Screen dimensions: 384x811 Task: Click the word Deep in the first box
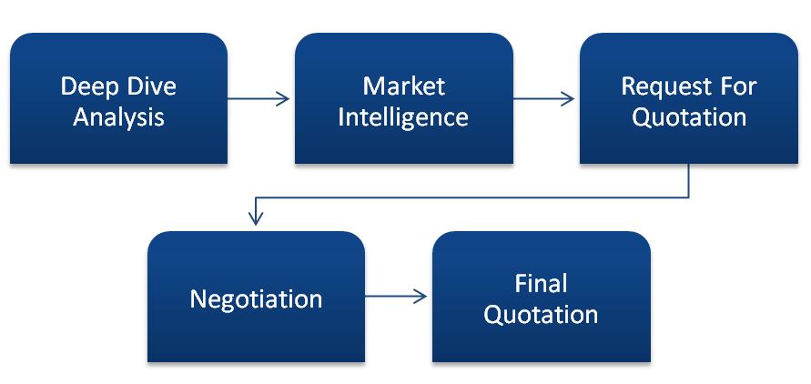click(x=88, y=87)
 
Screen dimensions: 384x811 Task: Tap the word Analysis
click(x=118, y=117)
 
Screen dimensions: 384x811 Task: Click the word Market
click(x=403, y=86)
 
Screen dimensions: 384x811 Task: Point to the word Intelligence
click(x=403, y=117)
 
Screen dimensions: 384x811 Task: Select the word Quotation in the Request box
click(x=689, y=117)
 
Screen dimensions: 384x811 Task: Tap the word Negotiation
click(x=256, y=299)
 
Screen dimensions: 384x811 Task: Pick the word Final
click(x=541, y=284)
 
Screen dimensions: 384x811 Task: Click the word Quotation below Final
click(x=541, y=315)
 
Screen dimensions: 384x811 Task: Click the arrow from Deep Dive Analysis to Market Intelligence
click(x=259, y=99)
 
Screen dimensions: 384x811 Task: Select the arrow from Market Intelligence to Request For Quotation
click(x=543, y=99)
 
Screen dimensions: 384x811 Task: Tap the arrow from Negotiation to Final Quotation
click(x=396, y=296)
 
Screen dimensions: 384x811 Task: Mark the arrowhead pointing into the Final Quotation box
click(x=421, y=296)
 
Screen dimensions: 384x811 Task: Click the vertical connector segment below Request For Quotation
click(x=688, y=180)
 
